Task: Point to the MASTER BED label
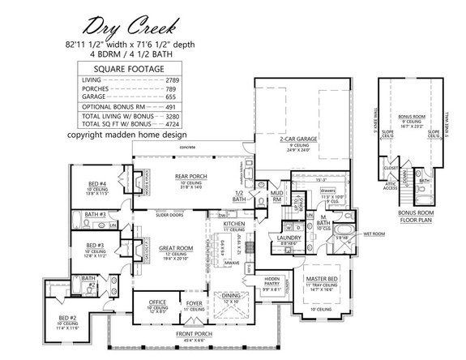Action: point(321,277)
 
